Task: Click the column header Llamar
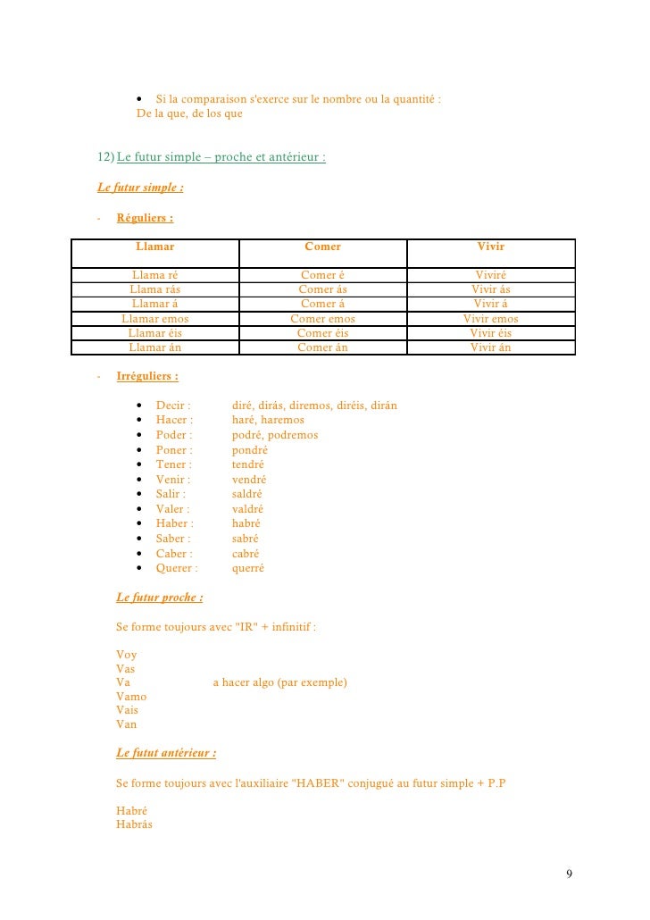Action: click(x=154, y=247)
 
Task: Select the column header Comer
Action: click(x=322, y=247)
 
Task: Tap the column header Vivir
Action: click(x=490, y=247)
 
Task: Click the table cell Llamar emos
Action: click(x=154, y=319)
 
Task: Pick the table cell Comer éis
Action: click(x=322, y=333)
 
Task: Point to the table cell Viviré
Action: click(x=490, y=275)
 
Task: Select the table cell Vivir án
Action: click(x=490, y=347)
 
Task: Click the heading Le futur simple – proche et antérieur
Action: click(x=221, y=158)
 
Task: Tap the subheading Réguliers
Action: click(x=145, y=218)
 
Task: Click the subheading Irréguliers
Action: click(x=147, y=377)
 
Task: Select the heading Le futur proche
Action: click(x=160, y=598)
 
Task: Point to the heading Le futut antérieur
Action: click(x=166, y=753)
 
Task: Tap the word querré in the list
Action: click(x=248, y=568)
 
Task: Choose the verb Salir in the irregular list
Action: click(x=171, y=494)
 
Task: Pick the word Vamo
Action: click(x=131, y=697)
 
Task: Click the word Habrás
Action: click(x=134, y=824)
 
